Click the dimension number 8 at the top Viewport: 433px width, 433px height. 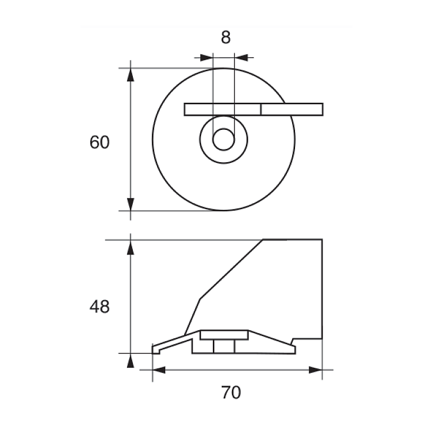(226, 38)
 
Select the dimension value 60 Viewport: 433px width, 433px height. (99, 142)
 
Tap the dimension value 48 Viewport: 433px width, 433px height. (99, 307)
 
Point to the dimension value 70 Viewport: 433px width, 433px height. (231, 393)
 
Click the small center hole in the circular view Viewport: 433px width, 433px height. (223, 140)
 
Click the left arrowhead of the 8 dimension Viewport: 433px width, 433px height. (206, 58)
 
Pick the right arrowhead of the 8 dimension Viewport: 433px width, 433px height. (241, 58)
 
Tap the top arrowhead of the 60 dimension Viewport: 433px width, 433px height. (130, 74)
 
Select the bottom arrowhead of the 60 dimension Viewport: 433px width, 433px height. (130, 204)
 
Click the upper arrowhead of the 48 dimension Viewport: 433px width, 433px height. (130, 247)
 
